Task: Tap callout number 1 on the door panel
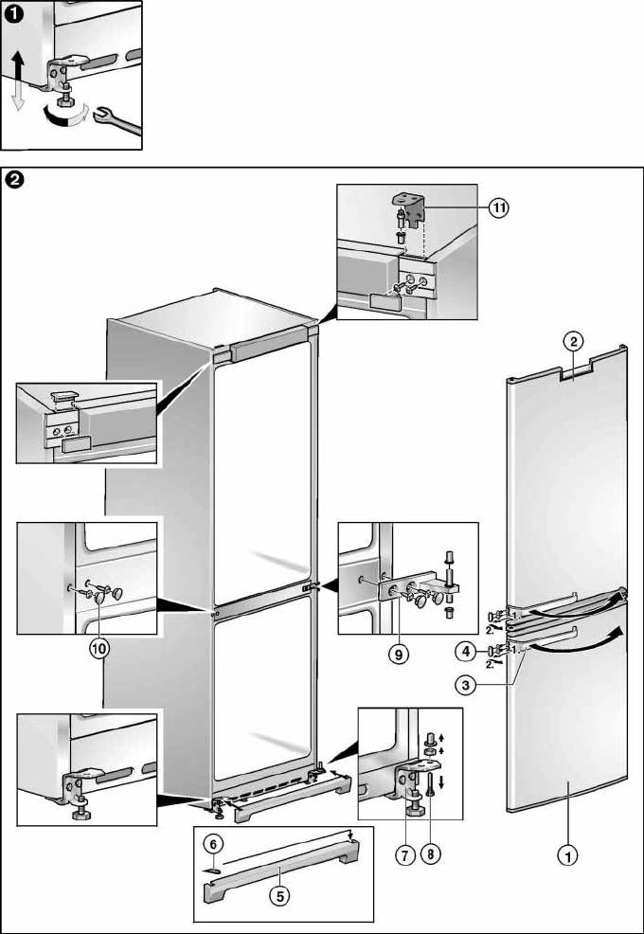coord(567,857)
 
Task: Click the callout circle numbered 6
coord(214,842)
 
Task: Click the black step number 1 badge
coord(12,12)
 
